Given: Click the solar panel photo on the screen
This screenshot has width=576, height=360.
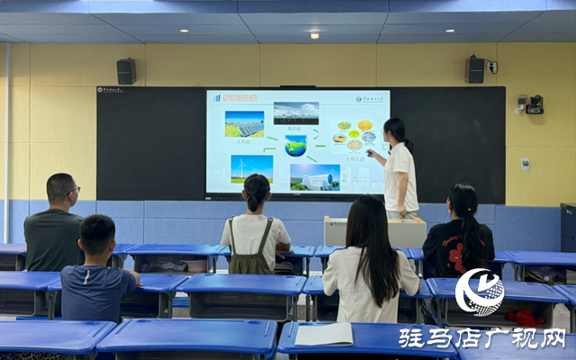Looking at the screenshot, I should pyautogui.click(x=244, y=123).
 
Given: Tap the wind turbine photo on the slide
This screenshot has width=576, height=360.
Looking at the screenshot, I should pyautogui.click(x=251, y=168).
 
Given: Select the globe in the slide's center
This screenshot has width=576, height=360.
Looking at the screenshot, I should pyautogui.click(x=295, y=145).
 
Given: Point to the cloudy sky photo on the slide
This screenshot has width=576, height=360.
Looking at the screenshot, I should pyautogui.click(x=295, y=112).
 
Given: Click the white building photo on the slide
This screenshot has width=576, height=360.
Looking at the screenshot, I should pyautogui.click(x=315, y=176).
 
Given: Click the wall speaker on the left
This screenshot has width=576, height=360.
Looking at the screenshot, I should pyautogui.click(x=126, y=71).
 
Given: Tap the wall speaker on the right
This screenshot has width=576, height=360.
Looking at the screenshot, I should pyautogui.click(x=474, y=69).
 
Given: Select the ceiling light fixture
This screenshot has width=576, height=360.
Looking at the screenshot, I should pyautogui.click(x=314, y=35).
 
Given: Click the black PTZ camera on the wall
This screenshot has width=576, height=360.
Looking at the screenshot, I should pyautogui.click(x=535, y=104).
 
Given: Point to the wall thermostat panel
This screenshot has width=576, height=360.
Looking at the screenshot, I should pyautogui.click(x=525, y=164).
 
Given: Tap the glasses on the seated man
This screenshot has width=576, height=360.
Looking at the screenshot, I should pyautogui.click(x=75, y=190).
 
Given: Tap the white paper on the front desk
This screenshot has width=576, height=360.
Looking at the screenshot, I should pyautogui.click(x=324, y=334).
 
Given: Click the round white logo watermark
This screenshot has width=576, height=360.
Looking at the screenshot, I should pyautogui.click(x=479, y=292).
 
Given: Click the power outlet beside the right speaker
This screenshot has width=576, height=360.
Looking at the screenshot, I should pyautogui.click(x=492, y=67).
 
